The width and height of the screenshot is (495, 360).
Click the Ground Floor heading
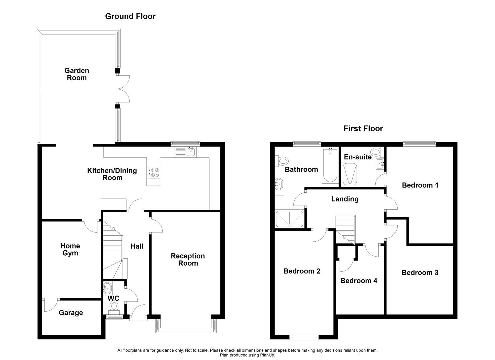130,16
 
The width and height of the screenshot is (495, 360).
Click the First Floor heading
363,129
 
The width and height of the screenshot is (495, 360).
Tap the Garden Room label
77,74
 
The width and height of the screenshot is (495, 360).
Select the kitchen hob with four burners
154,172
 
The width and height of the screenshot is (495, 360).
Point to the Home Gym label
70,249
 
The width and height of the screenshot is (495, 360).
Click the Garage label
71,313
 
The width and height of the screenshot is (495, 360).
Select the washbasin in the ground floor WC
108,287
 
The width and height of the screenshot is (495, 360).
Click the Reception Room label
188,259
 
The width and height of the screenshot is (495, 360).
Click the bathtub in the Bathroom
330,165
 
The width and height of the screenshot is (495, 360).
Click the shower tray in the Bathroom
289,219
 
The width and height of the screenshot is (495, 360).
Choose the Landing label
345,199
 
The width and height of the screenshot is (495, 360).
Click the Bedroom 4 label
359,281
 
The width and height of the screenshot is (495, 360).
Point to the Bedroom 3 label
420,273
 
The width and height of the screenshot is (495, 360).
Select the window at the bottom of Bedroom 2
304,338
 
